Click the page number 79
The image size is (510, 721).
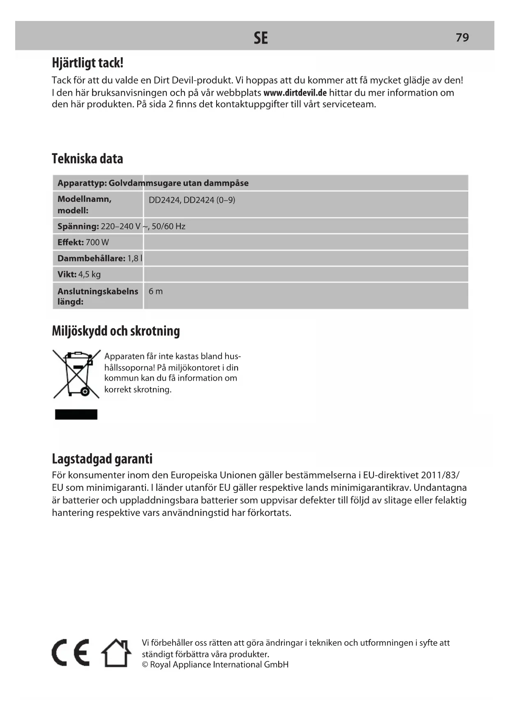(x=462, y=37)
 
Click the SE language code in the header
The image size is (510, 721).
(x=261, y=38)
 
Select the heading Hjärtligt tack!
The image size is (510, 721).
(x=88, y=63)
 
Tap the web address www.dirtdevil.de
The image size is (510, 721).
(x=295, y=93)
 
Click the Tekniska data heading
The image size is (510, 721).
(x=87, y=159)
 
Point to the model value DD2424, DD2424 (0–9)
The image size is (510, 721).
(x=192, y=200)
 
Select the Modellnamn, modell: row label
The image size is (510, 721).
(x=85, y=205)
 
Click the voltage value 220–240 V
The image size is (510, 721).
(x=120, y=226)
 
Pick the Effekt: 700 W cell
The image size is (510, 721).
(x=83, y=243)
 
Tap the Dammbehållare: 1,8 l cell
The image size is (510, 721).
(x=100, y=259)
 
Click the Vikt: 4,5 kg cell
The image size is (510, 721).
(x=79, y=275)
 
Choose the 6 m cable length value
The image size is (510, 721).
(x=156, y=291)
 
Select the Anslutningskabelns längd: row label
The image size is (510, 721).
(x=98, y=296)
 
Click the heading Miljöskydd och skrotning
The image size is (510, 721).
(x=116, y=331)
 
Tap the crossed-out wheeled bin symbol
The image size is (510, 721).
(x=76, y=374)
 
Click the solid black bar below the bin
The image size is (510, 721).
(x=76, y=414)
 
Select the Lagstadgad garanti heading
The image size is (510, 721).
(x=102, y=459)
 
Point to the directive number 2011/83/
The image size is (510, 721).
(x=440, y=476)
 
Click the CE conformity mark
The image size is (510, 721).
(x=71, y=653)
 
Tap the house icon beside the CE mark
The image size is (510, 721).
(x=116, y=653)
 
